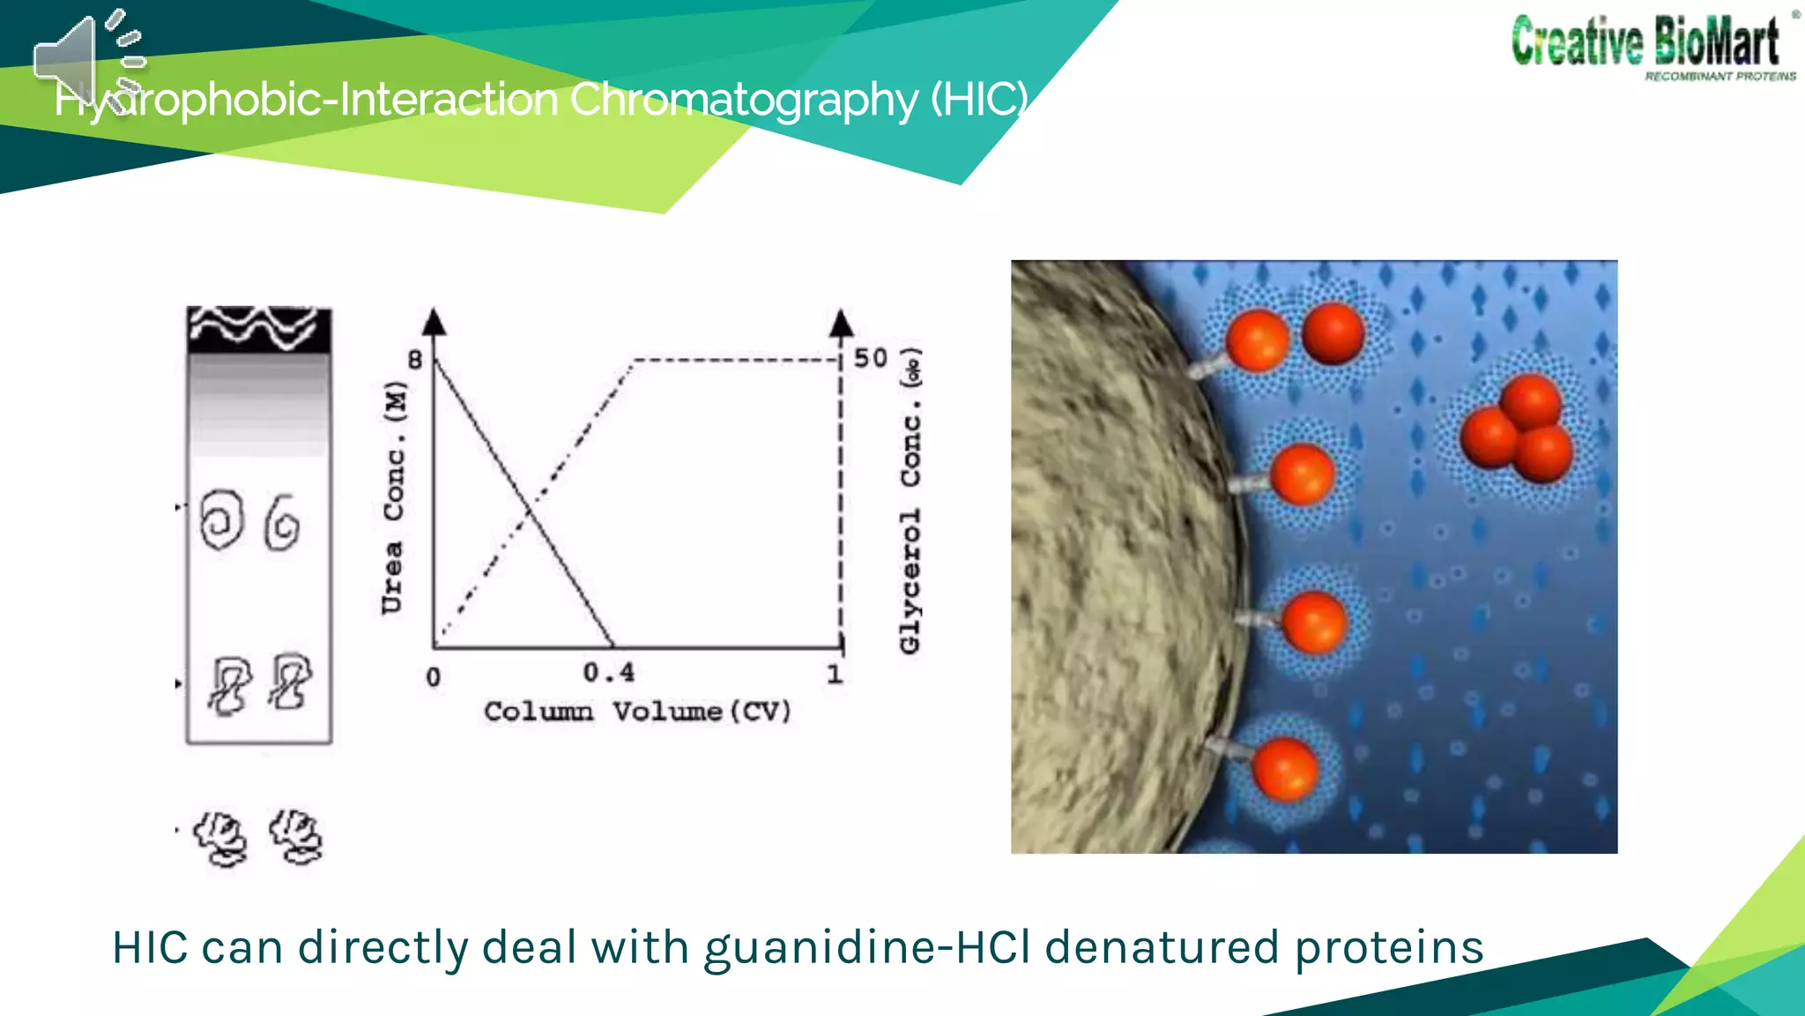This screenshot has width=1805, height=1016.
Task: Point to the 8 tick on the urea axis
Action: click(x=415, y=360)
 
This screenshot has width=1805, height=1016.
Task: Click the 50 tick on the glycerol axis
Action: click(x=871, y=358)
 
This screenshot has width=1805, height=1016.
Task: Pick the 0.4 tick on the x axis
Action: click(x=609, y=673)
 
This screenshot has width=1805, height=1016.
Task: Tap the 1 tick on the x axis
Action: click(x=835, y=675)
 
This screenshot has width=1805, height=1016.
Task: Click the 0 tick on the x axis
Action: click(x=433, y=677)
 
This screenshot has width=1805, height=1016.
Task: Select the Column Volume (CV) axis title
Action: click(x=637, y=712)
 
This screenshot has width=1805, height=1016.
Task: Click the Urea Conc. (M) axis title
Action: click(x=394, y=497)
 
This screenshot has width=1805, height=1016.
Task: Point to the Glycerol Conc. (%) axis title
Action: click(x=911, y=501)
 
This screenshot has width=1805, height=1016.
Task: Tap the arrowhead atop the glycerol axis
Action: click(x=842, y=323)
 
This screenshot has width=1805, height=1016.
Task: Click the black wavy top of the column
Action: click(x=259, y=330)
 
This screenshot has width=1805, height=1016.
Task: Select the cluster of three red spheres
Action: click(x=1518, y=429)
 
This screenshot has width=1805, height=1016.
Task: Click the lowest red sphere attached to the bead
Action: click(x=1285, y=769)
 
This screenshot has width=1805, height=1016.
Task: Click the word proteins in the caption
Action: click(x=1389, y=948)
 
